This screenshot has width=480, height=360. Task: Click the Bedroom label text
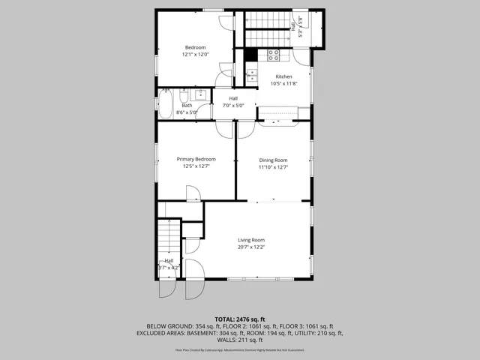195,47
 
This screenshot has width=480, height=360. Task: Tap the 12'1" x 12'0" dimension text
195,55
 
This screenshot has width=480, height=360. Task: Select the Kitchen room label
283,76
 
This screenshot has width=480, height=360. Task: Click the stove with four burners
274,55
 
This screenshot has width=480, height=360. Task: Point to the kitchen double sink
252,75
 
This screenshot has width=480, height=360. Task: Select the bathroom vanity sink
200,94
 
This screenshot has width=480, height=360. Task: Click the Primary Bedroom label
196,159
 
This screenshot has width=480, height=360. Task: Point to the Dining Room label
273,160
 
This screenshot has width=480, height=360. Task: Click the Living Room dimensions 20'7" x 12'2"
252,246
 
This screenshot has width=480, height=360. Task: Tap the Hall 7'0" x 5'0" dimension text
233,106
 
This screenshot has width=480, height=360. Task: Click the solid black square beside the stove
251,55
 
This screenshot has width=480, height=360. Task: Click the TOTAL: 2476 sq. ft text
239,319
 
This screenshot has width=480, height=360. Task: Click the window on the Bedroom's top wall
194,10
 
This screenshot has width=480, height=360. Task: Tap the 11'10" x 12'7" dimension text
273,166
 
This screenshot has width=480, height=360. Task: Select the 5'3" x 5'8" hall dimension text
301,32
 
